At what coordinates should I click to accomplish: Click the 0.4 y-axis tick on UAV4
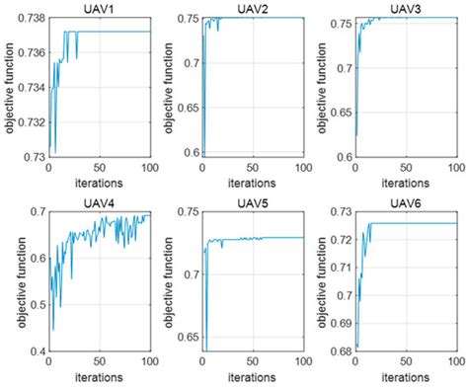(34, 350)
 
